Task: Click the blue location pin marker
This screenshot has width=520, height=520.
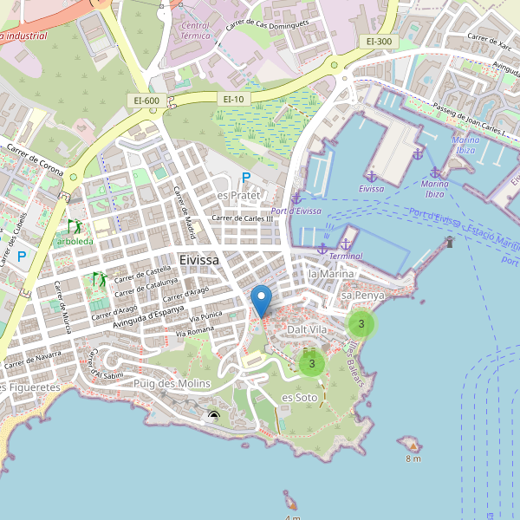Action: point(261,301)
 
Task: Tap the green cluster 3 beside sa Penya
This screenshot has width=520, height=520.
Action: point(361,324)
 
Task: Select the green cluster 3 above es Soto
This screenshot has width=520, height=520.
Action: point(311,363)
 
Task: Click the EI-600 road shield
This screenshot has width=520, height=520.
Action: point(146,101)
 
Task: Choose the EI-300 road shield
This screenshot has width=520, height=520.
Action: point(379,42)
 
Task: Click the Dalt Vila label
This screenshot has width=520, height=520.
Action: point(308,330)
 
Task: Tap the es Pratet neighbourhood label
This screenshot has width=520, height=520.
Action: point(238,195)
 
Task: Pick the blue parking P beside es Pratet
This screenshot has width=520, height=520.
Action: point(246,178)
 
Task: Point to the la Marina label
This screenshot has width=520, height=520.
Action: point(331,274)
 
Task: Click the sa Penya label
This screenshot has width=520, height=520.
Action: point(362,296)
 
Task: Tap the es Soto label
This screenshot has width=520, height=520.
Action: point(300,397)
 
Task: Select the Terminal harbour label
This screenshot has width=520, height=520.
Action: point(346,257)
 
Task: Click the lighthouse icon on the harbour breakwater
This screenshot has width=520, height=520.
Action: point(449,243)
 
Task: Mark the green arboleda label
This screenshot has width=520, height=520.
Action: point(75,240)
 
